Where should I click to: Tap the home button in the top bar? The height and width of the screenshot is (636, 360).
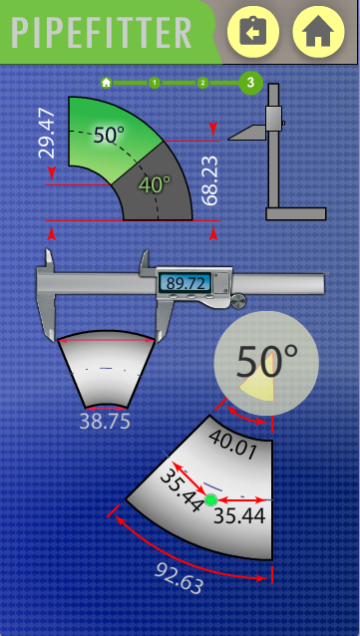(x=318, y=31)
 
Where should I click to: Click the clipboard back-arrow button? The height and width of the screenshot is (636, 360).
(x=253, y=31)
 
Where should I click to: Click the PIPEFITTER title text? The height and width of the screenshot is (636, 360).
(x=101, y=33)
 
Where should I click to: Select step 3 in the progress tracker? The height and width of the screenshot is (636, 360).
(x=251, y=83)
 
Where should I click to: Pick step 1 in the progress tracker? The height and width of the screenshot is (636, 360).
(x=155, y=83)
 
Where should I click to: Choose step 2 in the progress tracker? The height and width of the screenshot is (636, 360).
(x=202, y=83)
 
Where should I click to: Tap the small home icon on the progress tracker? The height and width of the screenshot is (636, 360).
(x=107, y=83)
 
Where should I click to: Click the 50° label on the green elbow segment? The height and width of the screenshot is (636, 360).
(x=109, y=135)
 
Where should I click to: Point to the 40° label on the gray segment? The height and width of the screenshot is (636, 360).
(x=155, y=185)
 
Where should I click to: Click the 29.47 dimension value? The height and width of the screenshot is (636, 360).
(x=46, y=134)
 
